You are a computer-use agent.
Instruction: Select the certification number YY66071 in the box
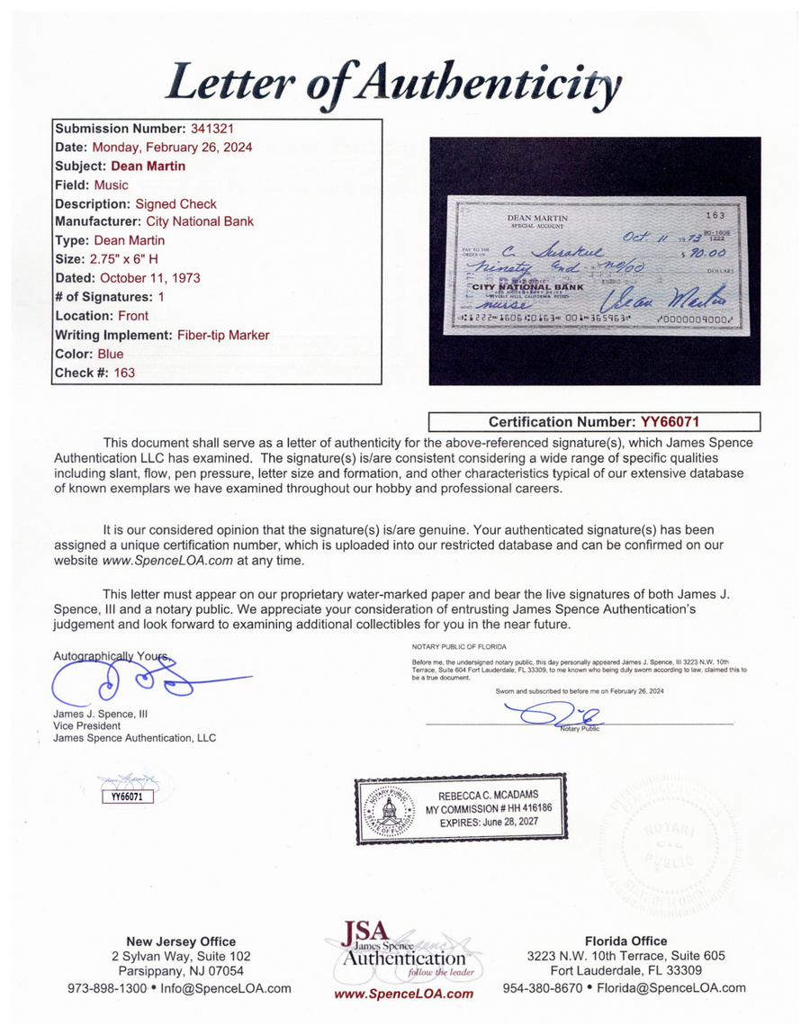click(x=670, y=421)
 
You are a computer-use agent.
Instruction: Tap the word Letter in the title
click(x=225, y=85)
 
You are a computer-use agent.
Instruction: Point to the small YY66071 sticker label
click(x=127, y=796)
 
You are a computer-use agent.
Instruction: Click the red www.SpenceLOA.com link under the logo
click(x=404, y=994)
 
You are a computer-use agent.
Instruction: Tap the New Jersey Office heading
click(x=180, y=941)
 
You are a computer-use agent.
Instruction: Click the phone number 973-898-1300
click(x=107, y=988)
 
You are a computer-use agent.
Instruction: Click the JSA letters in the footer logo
click(x=362, y=931)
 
